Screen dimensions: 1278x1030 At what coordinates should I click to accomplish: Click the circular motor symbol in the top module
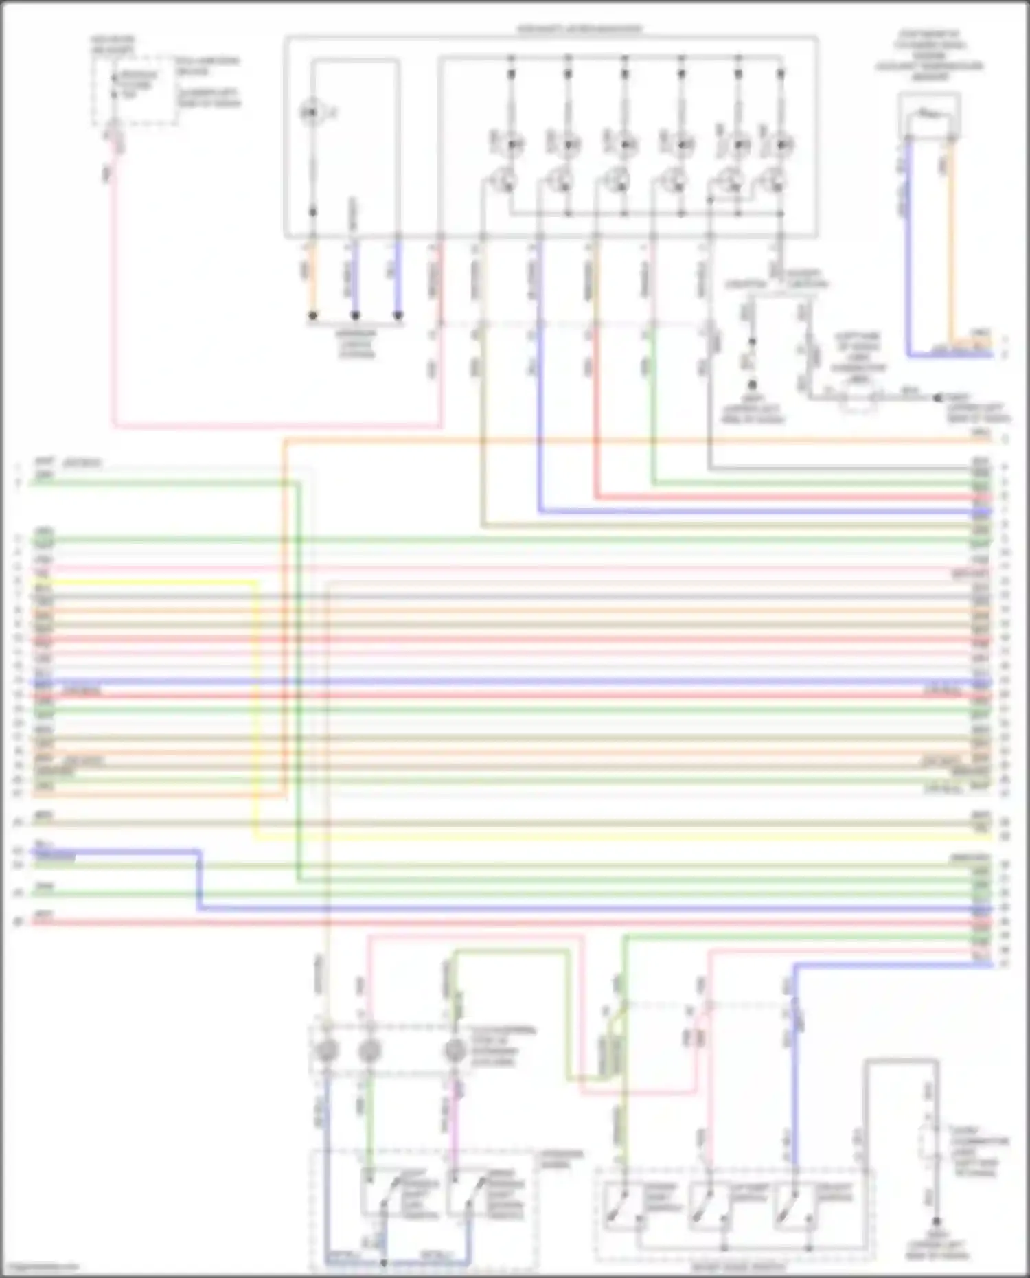[x=311, y=112]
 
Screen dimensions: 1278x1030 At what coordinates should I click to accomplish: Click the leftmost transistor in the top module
[x=507, y=181]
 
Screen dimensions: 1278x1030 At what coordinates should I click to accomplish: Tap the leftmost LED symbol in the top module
[x=511, y=144]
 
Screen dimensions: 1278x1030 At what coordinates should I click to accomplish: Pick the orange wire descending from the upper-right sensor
[x=951, y=240]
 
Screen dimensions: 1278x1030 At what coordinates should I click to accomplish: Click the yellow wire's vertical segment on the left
[x=256, y=707]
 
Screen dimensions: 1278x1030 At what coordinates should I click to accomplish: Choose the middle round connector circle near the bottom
[x=369, y=1051]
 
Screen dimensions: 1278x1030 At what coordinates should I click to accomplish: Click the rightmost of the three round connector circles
[x=454, y=1051]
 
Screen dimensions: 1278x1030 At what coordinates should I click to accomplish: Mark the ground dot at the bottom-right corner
[x=936, y=1222]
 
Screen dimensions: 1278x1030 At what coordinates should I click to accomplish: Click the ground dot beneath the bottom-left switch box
[x=384, y=1262]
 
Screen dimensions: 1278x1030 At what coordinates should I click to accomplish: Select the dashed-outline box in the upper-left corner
[x=135, y=91]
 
